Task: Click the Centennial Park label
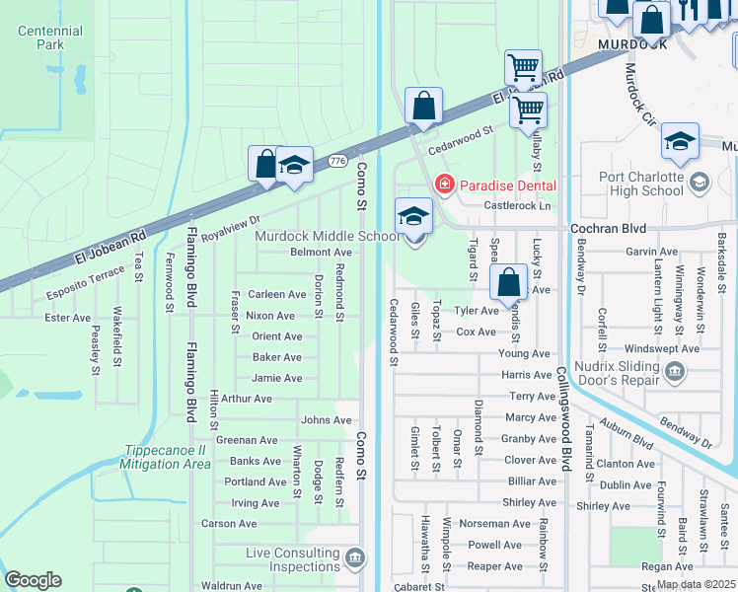[49, 37]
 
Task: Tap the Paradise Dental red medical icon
[444, 185]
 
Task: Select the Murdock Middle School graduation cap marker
[413, 216]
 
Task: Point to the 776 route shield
[338, 160]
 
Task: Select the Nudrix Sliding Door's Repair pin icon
[675, 371]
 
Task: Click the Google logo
[33, 580]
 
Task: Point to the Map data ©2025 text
[696, 584]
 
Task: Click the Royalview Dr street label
[230, 229]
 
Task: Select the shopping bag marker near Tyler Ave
[509, 282]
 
